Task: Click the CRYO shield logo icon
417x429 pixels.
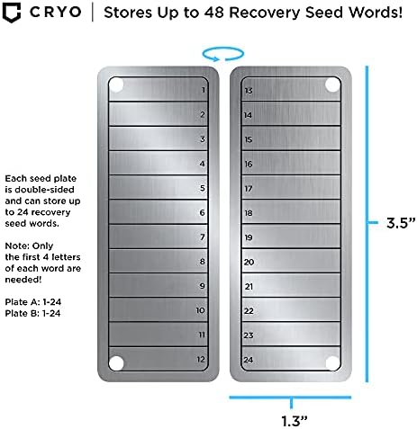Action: click(x=12, y=13)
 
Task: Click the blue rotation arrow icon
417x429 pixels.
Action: click(x=223, y=54)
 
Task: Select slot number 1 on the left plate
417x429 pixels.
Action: click(x=159, y=89)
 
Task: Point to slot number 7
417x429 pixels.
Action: click(x=159, y=237)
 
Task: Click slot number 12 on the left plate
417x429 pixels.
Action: click(x=159, y=359)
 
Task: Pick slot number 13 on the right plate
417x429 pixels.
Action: click(x=291, y=89)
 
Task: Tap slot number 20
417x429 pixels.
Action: click(x=291, y=261)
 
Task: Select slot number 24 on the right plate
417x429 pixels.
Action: click(x=291, y=359)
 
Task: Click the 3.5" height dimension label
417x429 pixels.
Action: click(x=401, y=223)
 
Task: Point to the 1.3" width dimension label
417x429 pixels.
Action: click(x=295, y=421)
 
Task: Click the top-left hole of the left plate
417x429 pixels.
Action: click(x=116, y=85)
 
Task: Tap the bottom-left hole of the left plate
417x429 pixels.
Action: click(x=116, y=363)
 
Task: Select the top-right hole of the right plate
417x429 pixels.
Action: click(x=332, y=85)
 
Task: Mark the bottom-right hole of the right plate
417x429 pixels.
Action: click(x=332, y=363)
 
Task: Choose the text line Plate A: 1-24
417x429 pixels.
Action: click(x=33, y=302)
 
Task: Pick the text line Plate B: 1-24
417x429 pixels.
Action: click(x=32, y=313)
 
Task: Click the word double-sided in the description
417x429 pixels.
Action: click(x=44, y=190)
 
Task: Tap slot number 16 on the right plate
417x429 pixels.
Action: click(x=291, y=163)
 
